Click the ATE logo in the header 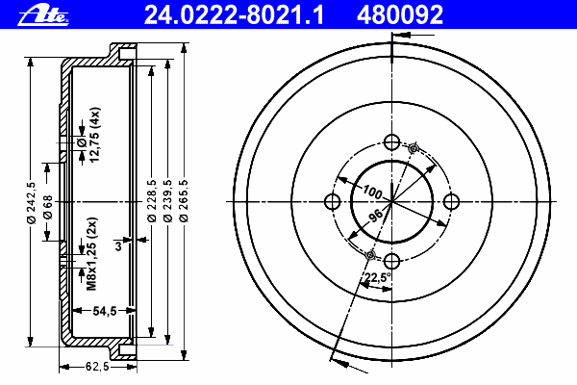[43, 15]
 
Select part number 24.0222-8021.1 [234, 15]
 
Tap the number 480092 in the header [400, 15]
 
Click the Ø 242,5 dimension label [32, 203]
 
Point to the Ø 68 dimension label [48, 207]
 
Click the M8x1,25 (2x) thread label [91, 254]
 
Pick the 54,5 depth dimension [105, 311]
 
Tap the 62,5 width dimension [97, 367]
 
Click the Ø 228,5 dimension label [152, 201]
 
